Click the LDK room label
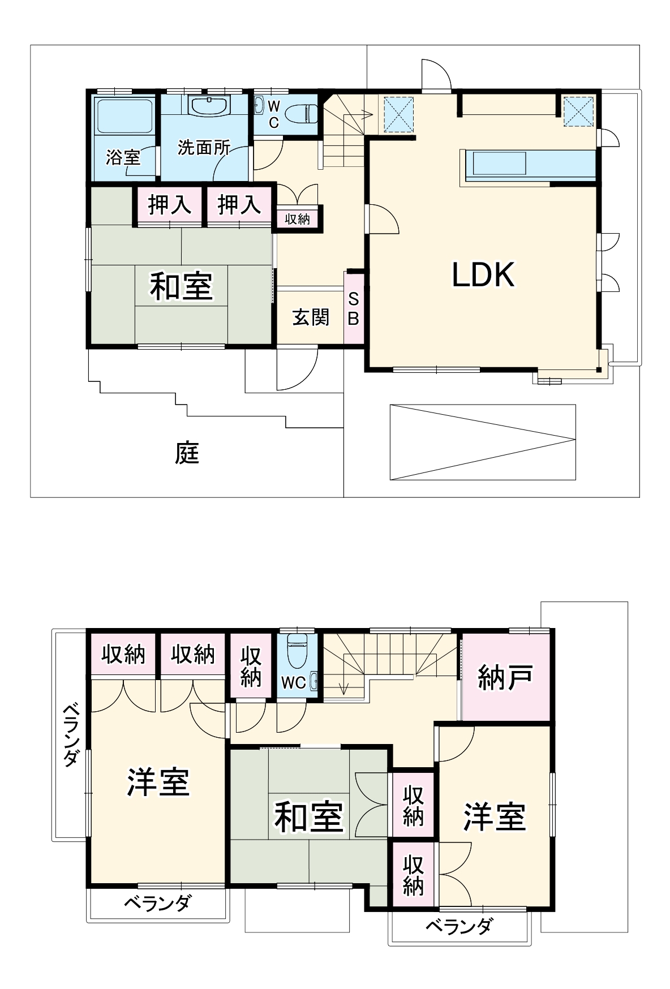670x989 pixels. (x=483, y=275)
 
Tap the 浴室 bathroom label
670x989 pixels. (x=123, y=157)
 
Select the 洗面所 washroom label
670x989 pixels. (x=204, y=148)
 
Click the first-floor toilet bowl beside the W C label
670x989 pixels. (x=300, y=114)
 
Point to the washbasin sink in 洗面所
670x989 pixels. (x=209, y=106)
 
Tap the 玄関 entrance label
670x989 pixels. (x=311, y=317)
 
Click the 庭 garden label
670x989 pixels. (x=187, y=453)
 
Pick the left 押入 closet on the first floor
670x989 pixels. (x=169, y=205)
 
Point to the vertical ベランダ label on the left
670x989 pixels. (x=71, y=734)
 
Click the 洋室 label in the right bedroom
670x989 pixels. (x=495, y=817)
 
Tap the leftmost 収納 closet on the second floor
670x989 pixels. (x=123, y=655)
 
